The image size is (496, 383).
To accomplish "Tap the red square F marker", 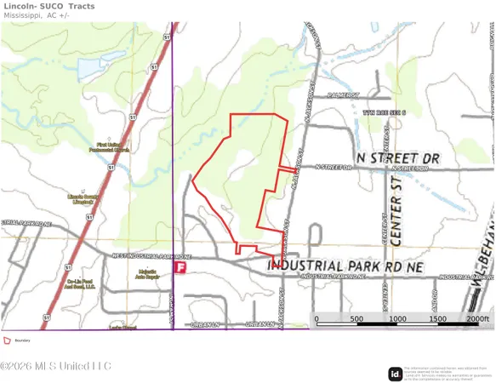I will pyautogui.click(x=180, y=267).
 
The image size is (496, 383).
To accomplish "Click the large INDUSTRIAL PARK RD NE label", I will pyautogui.click(x=345, y=266).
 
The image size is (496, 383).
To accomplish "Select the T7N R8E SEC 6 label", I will pyautogui.click(x=384, y=112).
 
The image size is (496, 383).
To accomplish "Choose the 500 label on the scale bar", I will pyautogui.click(x=357, y=318).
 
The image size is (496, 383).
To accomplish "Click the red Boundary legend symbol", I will pyautogui.click(x=7, y=340).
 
